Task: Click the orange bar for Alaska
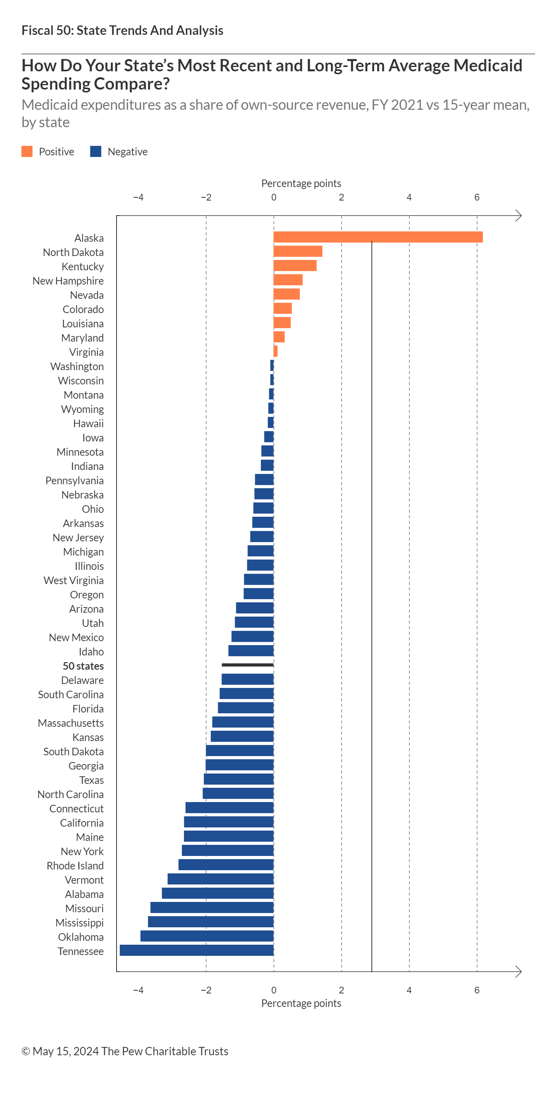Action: pos(377,237)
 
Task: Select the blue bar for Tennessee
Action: pos(197,950)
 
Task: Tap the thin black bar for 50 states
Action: pos(247,665)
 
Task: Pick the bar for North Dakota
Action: pos(298,251)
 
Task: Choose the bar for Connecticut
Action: pos(230,808)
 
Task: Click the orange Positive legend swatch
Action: pos(27,151)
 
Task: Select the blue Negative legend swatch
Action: pos(96,151)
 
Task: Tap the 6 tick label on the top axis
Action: pos(477,198)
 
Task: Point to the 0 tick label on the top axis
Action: pos(274,198)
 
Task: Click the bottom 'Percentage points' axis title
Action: pos(301,1003)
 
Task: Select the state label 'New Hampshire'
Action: pos(68,281)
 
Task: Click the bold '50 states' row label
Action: pos(83,666)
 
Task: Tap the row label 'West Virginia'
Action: pos(74,580)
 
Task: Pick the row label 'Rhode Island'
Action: pos(75,866)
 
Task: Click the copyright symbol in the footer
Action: pos(26,1051)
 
